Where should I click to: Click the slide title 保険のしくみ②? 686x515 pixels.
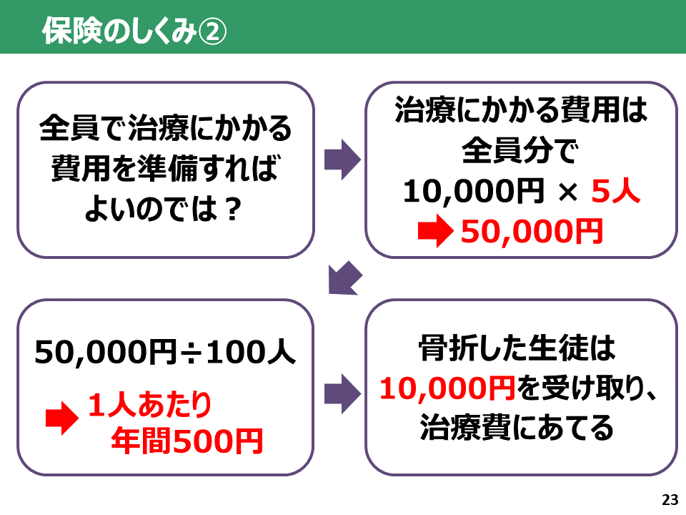(134, 31)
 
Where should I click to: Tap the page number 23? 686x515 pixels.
(670, 500)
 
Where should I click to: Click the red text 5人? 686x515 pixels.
(615, 192)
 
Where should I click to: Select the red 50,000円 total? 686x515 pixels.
(532, 231)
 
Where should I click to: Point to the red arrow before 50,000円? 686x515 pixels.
(435, 231)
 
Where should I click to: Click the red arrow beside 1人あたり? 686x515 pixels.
(62, 418)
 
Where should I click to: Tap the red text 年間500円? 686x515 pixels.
(187, 441)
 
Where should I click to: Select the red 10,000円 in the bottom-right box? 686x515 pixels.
(447, 388)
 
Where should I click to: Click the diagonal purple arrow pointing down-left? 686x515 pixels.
(345, 278)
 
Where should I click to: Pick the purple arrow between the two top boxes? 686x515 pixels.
(342, 160)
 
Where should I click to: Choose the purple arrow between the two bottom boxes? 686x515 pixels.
(342, 394)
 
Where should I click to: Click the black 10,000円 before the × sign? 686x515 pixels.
(473, 192)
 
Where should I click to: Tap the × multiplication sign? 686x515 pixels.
(568, 192)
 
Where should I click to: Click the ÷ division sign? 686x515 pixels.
(191, 353)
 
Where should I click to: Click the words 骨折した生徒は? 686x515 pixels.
(517, 348)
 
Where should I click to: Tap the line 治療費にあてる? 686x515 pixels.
(517, 428)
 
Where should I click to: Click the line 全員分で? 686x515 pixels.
(520, 151)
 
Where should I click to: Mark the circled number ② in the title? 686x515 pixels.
(213, 31)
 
